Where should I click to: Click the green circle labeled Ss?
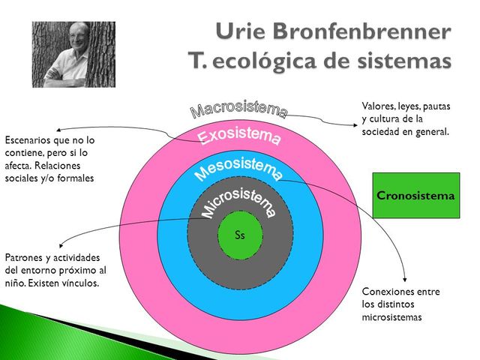click(240, 235)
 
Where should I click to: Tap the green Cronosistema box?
click(415, 196)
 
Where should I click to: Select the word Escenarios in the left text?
click(28, 140)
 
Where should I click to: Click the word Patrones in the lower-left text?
click(26, 256)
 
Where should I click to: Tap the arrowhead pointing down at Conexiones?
click(406, 278)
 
